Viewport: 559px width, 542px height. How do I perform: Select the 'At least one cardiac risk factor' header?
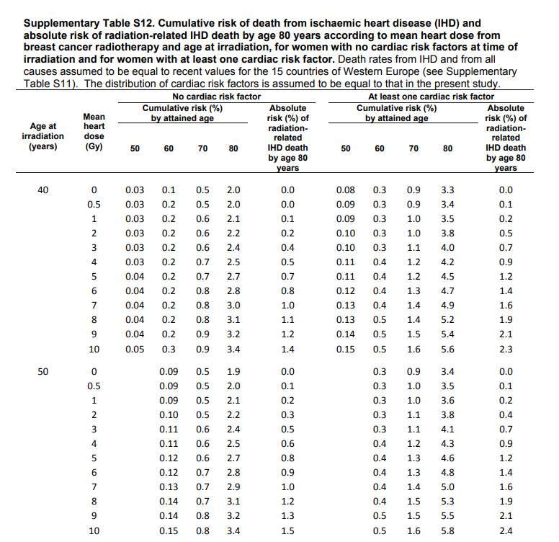[431, 96]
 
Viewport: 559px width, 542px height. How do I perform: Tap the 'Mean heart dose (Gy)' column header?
[94, 130]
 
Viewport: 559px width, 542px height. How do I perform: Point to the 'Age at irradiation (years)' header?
[43, 135]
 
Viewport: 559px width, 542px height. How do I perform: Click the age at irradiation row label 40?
[43, 190]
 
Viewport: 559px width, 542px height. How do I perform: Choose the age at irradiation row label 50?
[43, 372]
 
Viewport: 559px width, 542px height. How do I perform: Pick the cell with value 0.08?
[345, 190]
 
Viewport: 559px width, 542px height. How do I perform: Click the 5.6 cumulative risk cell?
[447, 350]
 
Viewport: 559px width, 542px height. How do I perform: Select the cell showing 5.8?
[447, 531]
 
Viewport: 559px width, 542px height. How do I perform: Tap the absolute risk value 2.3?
[506, 350]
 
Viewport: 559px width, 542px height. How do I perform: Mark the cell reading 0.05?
[134, 350]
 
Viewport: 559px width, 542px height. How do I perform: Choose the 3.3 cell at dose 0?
[447, 190]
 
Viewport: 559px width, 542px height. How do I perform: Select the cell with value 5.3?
[447, 501]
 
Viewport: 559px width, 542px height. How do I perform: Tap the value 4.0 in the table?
[447, 248]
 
